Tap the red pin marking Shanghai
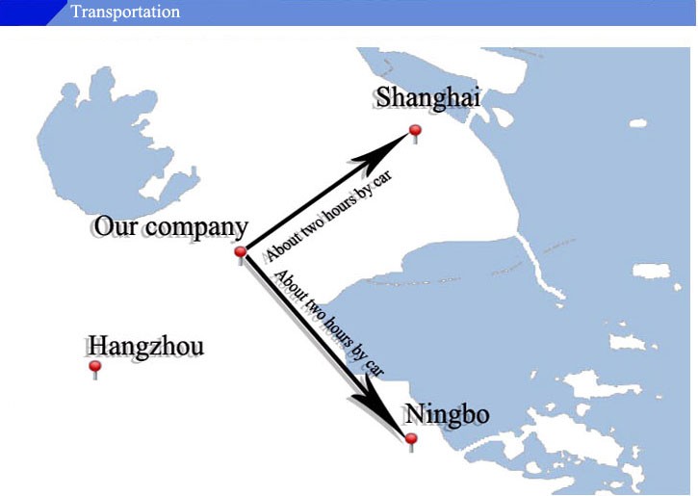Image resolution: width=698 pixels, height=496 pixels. [415, 131]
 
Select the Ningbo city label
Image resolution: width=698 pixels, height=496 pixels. [447, 415]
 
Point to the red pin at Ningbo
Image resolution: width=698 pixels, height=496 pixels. [411, 441]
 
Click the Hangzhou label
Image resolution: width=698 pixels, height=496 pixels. [145, 347]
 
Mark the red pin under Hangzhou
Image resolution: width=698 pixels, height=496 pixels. [94, 368]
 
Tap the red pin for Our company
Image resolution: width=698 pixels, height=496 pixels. [241, 253]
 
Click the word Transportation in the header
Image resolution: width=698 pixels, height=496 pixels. [125, 12]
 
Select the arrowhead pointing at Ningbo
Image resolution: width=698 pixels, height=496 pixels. [386, 412]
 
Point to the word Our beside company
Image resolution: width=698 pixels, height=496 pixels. [114, 227]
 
